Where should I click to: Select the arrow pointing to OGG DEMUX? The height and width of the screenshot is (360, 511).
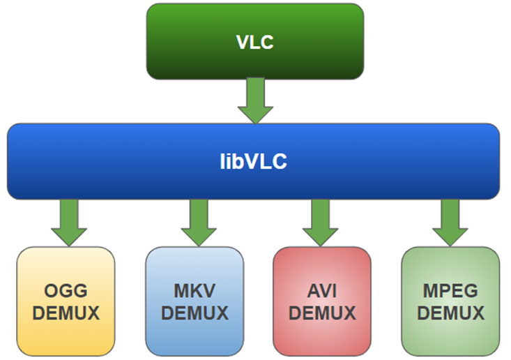[x=68, y=222]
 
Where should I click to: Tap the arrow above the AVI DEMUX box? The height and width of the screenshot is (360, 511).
[x=321, y=222]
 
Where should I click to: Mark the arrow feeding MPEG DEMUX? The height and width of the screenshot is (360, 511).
[x=450, y=222]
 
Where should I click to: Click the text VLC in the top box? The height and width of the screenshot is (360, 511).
[x=254, y=41]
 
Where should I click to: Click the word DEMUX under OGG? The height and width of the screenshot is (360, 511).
[x=66, y=313]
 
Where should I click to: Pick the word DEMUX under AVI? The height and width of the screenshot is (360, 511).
[x=321, y=313]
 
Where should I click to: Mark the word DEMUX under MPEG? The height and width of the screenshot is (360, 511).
[x=450, y=313]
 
